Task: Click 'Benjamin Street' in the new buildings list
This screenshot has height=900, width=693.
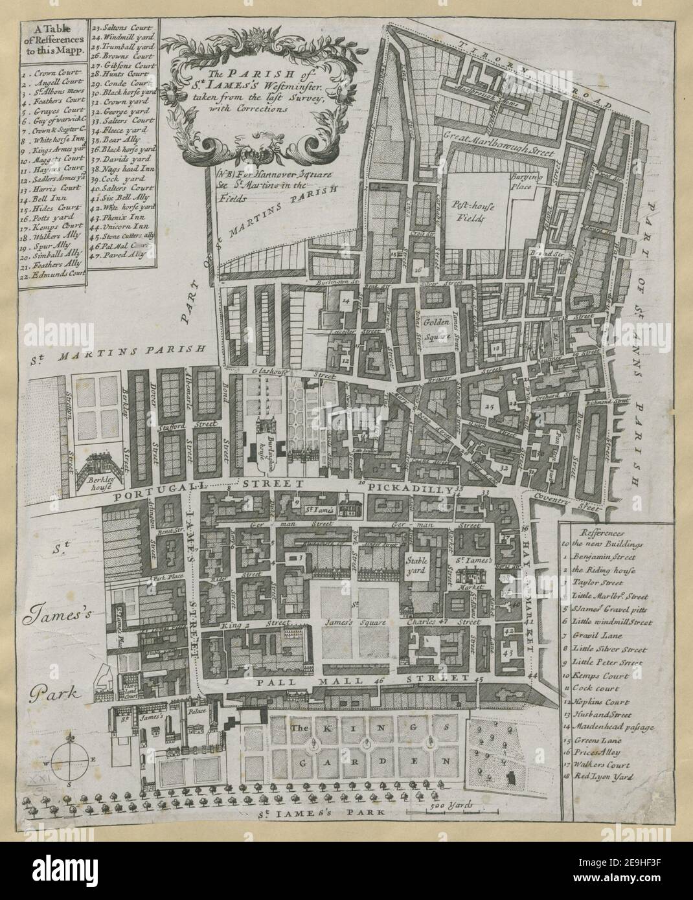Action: tap(613, 556)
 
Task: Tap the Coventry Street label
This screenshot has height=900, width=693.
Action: tap(570, 504)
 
